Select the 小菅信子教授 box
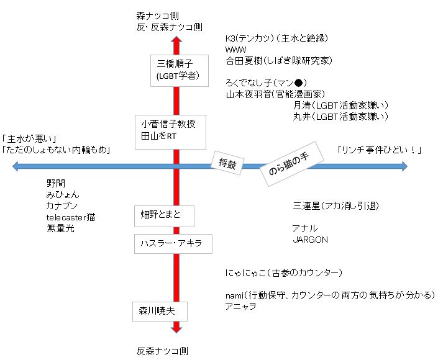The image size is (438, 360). coord(170,131)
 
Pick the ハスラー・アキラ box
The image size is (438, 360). coord(173,243)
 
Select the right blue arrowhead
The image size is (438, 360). coord(403,166)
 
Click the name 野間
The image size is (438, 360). coord(55,183)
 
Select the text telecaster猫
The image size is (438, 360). coord(71,217)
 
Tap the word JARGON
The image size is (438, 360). coord(310,239)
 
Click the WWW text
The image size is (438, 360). coord(237,50)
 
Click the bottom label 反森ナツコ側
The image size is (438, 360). coord(162,351)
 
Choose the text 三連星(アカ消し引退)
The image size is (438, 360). coord(336,205)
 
